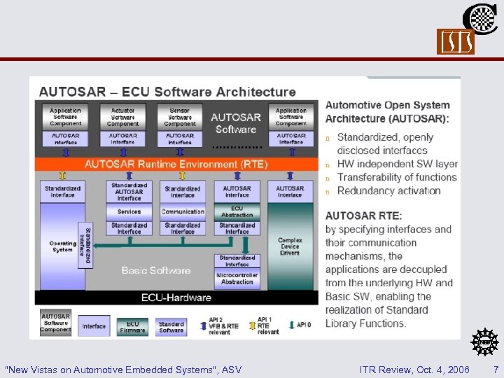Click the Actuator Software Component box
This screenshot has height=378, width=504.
coord(123,116)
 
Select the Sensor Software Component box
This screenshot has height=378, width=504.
coord(180,116)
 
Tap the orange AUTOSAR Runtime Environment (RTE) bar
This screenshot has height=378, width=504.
coord(176,164)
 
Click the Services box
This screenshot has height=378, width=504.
coord(129,211)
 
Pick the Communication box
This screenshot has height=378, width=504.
coord(183,211)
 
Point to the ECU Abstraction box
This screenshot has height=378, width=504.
coord(237,211)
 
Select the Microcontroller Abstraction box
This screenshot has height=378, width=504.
coord(237,279)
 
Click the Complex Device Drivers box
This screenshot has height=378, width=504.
coord(290,246)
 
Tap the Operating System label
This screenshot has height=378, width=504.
coord(62,246)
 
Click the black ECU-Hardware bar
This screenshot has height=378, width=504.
coord(176,297)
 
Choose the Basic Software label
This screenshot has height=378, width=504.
coord(155,270)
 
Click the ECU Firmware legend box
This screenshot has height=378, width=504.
coord(133,327)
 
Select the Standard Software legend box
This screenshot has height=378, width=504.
coord(171,327)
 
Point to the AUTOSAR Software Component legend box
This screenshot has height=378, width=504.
coord(55,324)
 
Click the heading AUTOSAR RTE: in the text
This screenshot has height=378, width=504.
coord(363,215)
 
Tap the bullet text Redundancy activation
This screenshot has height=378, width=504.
coord(388,191)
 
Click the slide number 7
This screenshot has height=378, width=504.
coord(496,369)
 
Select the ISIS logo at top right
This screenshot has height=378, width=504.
coord(456,42)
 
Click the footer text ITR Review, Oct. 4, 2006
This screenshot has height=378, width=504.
coord(414,369)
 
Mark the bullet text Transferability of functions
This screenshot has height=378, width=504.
coord(397,178)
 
